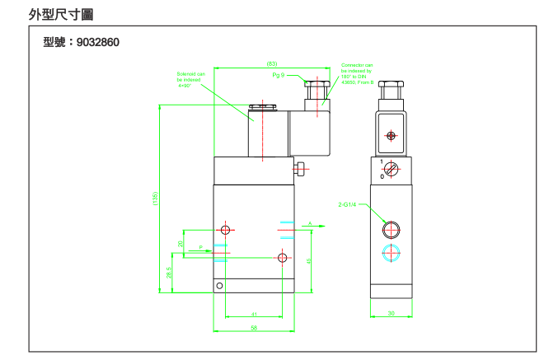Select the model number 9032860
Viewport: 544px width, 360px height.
[82, 42]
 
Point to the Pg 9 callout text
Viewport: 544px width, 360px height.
[279, 75]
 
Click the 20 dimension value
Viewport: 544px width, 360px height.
[181, 244]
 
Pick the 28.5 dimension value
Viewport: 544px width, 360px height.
[169, 273]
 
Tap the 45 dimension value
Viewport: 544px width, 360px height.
[308, 260]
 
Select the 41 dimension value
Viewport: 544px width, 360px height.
[254, 314]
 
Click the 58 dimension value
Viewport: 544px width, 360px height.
[254, 328]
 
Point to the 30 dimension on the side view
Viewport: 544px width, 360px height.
[391, 313]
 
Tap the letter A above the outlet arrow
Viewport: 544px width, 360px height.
[309, 223]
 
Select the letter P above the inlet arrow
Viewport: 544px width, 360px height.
[199, 246]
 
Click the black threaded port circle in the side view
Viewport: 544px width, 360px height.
[391, 229]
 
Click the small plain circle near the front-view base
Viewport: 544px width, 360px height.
[219, 286]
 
